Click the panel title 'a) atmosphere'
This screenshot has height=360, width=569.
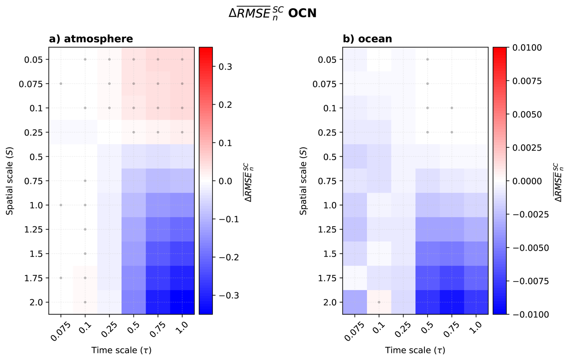click(x=91, y=39)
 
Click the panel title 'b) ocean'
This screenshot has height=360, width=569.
click(x=367, y=39)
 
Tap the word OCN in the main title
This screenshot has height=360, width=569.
click(x=302, y=13)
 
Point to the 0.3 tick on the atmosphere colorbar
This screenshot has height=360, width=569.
click(x=226, y=67)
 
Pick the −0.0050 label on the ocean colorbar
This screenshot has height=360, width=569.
click(x=531, y=248)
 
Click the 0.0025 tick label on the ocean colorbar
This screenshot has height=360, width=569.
click(x=527, y=148)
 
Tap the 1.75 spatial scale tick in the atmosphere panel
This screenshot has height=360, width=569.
click(x=34, y=278)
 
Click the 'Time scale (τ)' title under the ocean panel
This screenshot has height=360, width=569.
click(x=415, y=350)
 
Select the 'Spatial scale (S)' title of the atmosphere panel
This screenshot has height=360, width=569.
click(x=10, y=181)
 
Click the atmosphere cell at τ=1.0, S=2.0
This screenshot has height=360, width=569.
click(x=182, y=302)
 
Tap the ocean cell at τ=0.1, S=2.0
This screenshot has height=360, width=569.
click(x=379, y=302)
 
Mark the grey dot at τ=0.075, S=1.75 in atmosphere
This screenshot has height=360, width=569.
click(x=61, y=278)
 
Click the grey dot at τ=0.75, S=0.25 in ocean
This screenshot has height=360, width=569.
click(x=452, y=132)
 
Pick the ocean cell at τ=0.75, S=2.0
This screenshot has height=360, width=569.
click(x=452, y=302)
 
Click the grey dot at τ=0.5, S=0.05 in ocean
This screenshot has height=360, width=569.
click(x=427, y=59)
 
